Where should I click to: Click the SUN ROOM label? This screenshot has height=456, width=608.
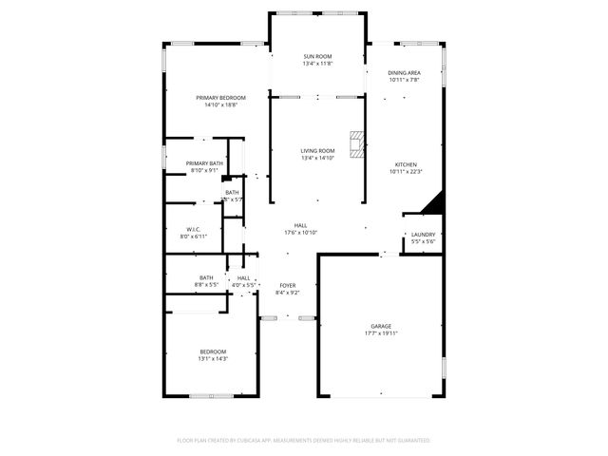coord(317,57)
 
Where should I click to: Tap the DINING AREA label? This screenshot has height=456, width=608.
coord(404,73)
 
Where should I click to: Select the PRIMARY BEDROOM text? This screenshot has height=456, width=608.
coord(220,98)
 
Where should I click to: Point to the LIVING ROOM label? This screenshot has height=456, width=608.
coord(317,151)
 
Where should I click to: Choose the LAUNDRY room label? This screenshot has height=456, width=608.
coord(423,235)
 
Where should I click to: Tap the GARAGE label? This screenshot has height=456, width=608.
coord(380,326)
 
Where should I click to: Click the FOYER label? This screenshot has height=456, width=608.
coord(287,285)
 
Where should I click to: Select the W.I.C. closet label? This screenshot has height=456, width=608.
coord(192,229)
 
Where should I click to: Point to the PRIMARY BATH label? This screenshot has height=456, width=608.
coord(203,163)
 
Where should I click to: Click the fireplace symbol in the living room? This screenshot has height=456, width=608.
coord(356,143)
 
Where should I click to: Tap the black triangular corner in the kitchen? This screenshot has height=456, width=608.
coord(434,203)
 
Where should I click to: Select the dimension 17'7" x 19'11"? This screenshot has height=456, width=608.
coord(380,333)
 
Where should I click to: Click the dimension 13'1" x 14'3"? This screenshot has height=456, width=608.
coord(212,359)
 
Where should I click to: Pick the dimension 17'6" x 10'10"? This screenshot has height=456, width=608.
coord(300,233)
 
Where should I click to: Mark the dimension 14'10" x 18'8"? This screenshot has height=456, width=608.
coord(220,104)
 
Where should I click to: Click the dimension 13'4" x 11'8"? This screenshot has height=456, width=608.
coord(317,64)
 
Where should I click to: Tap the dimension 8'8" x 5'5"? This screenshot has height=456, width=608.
coord(206,284)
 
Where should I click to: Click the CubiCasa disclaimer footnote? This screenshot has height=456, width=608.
coord(304,441)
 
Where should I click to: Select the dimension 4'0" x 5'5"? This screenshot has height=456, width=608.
coord(244,284)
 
